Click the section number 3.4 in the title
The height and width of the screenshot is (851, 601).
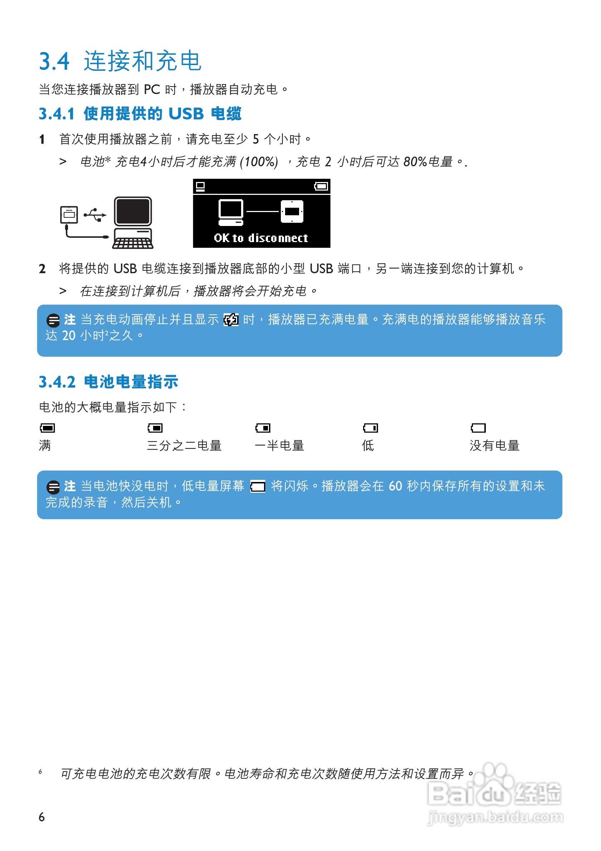54,62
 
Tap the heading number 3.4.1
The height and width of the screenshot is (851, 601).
57,114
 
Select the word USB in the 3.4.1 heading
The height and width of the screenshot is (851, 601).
186,114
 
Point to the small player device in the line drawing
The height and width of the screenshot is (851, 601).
69,215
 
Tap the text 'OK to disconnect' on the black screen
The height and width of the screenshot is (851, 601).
261,238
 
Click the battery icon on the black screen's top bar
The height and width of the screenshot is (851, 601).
321,186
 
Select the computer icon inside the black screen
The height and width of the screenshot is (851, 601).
231,212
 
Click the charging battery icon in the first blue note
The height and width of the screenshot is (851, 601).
231,320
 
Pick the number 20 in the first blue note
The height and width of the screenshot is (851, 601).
69,335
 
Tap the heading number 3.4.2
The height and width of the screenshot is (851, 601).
57,382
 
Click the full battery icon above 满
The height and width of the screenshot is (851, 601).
48,428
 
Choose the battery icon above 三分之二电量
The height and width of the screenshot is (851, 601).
155,428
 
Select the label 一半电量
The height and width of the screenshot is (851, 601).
279,446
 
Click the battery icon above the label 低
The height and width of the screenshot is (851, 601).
370,428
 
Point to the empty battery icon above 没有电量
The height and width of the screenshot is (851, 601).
478,428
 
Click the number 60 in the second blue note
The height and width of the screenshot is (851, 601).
395,486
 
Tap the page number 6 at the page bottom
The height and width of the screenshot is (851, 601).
41,817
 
